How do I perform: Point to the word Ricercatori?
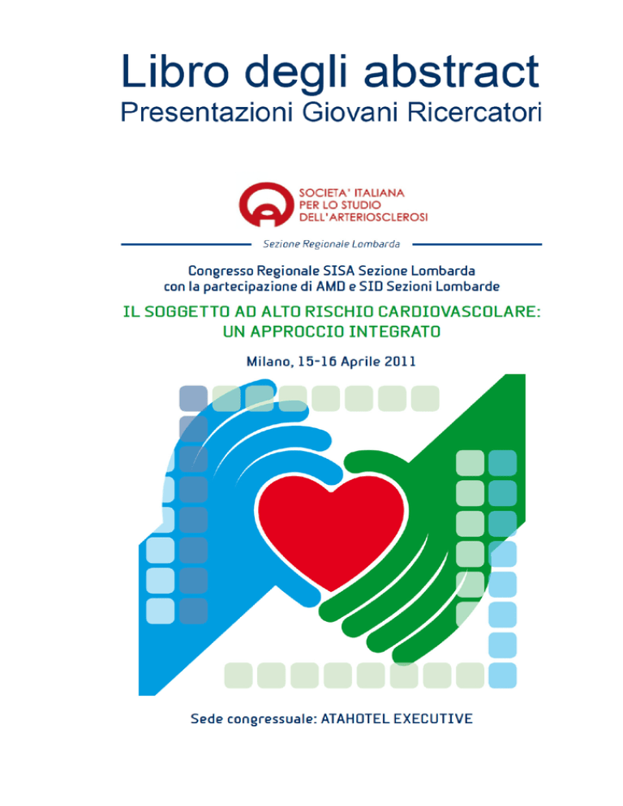(475, 112)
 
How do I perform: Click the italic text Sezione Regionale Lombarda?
(331, 244)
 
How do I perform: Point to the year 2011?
(399, 362)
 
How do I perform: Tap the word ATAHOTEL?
(355, 718)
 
